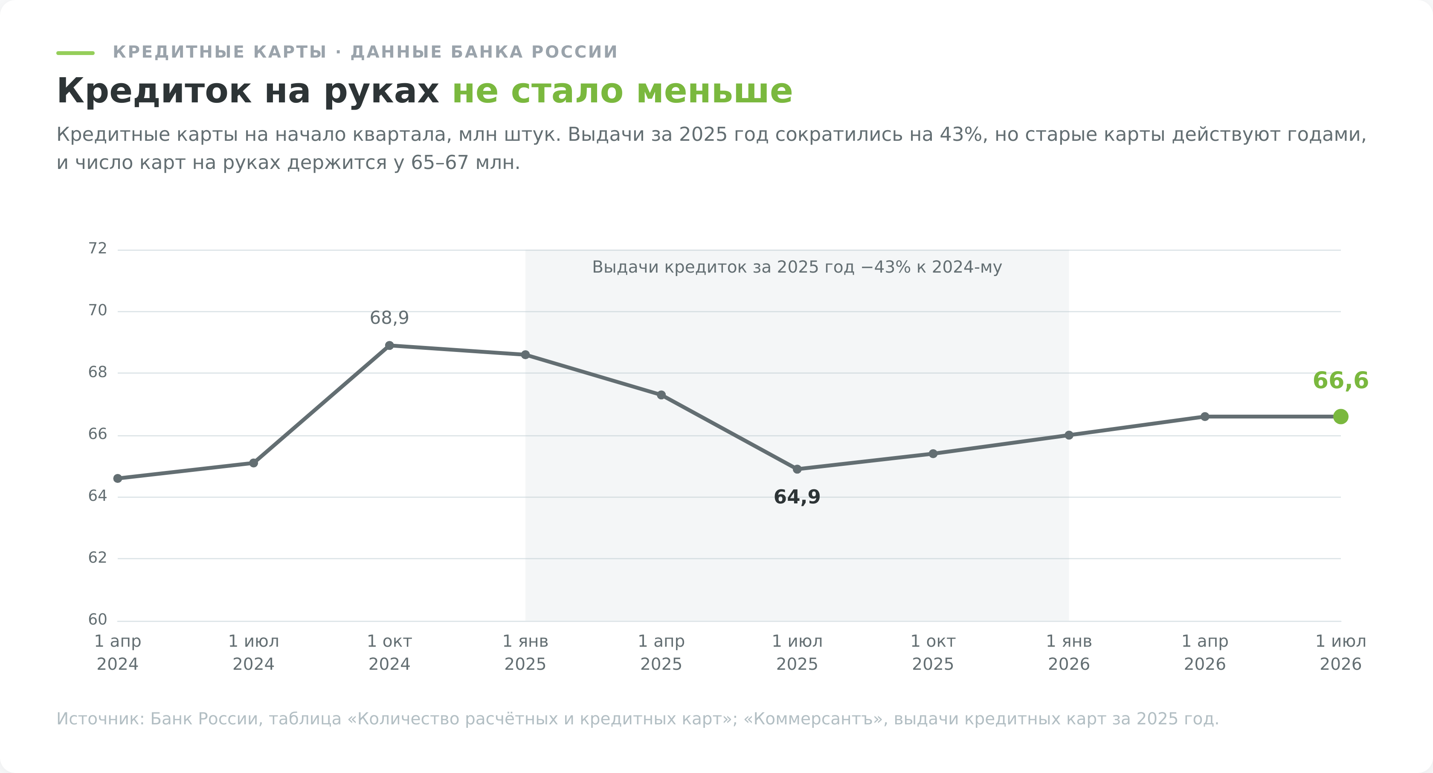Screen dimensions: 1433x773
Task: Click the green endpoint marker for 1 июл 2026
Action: coord(1340,416)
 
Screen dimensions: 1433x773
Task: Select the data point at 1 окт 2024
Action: coord(389,346)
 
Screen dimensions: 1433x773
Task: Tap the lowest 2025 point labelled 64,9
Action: coord(797,469)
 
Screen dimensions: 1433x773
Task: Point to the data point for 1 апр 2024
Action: coord(117,479)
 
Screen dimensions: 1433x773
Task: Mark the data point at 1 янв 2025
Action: coord(525,355)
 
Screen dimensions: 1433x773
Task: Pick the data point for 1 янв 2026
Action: coord(1069,435)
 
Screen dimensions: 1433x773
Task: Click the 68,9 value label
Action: coord(389,318)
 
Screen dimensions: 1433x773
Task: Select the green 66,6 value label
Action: coord(1340,381)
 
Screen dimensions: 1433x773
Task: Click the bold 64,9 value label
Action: coord(797,497)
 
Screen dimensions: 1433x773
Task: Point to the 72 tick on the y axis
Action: coord(97,248)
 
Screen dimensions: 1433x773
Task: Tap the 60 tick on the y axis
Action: coord(97,619)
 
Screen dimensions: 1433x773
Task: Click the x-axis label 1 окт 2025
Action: coord(933,653)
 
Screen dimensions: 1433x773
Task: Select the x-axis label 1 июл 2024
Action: coord(254,653)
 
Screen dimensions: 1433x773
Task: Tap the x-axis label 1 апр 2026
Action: coord(1205,653)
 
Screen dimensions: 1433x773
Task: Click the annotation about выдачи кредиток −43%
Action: coord(797,267)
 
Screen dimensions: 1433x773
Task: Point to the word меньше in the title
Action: coord(714,91)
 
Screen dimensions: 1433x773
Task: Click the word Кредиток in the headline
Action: coord(154,91)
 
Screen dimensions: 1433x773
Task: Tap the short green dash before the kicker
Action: coord(75,53)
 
